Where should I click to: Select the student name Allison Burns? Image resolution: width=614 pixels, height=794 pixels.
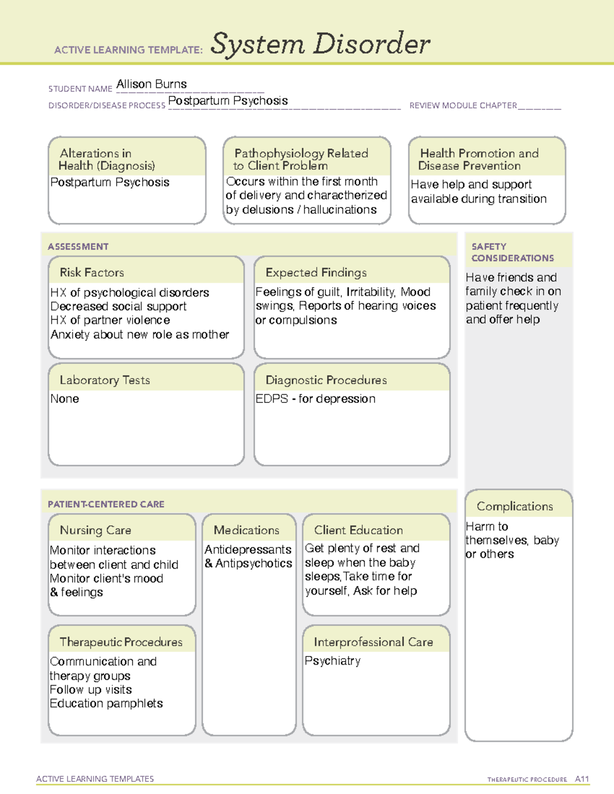pyautogui.click(x=151, y=84)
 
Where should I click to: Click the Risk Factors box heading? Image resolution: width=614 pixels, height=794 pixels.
pyautogui.click(x=92, y=273)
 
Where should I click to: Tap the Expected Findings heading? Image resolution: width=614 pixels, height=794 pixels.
pyautogui.click(x=316, y=273)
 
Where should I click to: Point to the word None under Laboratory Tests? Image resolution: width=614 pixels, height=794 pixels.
pyautogui.click(x=64, y=399)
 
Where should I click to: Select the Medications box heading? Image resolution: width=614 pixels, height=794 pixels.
pyautogui.click(x=247, y=530)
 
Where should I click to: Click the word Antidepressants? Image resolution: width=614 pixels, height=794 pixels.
pyautogui.click(x=248, y=550)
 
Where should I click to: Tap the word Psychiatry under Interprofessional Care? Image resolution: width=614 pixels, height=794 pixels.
pyautogui.click(x=333, y=661)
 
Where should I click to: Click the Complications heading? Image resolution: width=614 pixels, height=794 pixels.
pyautogui.click(x=515, y=506)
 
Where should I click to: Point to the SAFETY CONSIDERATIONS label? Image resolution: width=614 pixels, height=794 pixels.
pyautogui.click(x=512, y=252)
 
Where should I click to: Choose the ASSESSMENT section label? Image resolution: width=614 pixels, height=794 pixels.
pyautogui.click(x=78, y=246)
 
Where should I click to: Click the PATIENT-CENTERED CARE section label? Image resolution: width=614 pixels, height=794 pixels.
pyautogui.click(x=106, y=504)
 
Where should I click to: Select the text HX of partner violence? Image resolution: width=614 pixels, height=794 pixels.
pyautogui.click(x=110, y=321)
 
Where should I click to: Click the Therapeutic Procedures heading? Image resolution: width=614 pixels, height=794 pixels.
pyautogui.click(x=121, y=642)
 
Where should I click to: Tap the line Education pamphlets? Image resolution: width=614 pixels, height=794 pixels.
pyautogui.click(x=106, y=704)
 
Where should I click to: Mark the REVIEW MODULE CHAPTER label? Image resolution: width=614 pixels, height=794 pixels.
pyautogui.click(x=463, y=105)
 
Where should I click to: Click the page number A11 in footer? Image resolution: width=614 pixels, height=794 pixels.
pyautogui.click(x=582, y=779)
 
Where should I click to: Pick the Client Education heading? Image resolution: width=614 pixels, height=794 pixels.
pyautogui.click(x=358, y=530)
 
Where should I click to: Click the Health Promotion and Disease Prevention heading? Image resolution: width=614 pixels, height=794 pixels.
pyautogui.click(x=479, y=160)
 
